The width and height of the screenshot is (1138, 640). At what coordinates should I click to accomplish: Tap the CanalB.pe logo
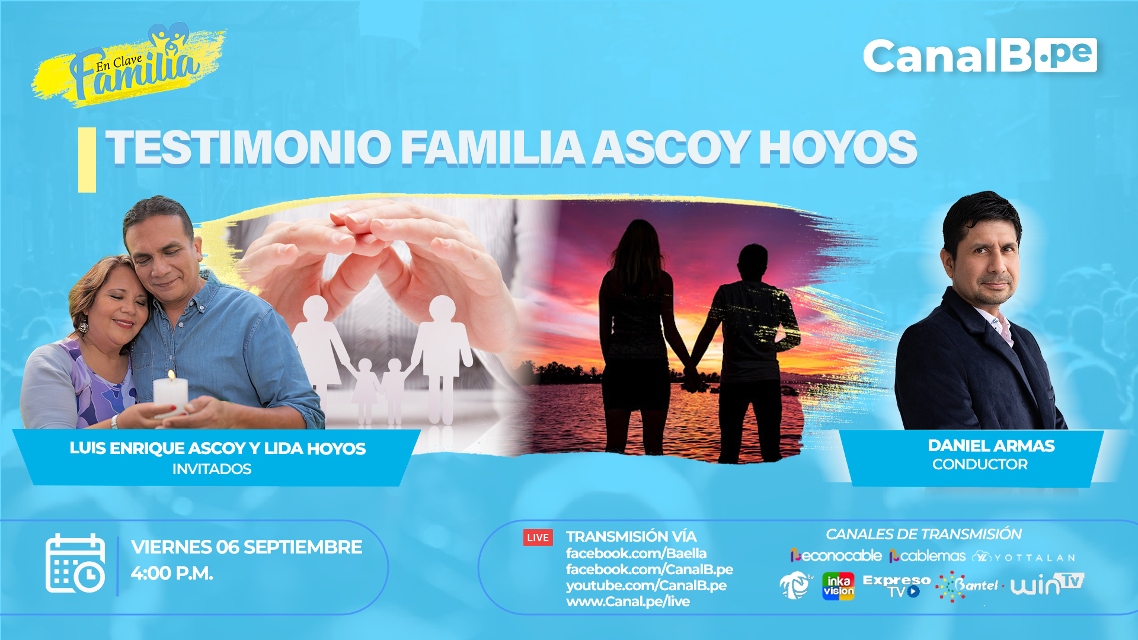point(980,56)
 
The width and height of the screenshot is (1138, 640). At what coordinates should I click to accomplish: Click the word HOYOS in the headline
point(837,148)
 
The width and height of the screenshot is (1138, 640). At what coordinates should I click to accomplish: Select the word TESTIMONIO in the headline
point(248,148)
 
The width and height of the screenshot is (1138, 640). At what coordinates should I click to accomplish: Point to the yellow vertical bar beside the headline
point(87,160)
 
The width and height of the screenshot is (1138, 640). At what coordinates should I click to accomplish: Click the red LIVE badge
point(538,537)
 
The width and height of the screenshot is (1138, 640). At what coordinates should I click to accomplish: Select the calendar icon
point(75,563)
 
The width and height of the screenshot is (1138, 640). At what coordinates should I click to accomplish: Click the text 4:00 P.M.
point(172,573)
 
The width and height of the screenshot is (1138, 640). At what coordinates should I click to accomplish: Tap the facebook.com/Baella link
point(636,553)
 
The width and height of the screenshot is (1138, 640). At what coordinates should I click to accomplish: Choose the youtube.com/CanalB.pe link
point(646,585)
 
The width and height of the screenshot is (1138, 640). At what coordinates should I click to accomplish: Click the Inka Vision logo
point(838,586)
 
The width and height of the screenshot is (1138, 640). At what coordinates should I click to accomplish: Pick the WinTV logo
point(1047,584)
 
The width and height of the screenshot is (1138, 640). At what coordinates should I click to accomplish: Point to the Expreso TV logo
point(896,585)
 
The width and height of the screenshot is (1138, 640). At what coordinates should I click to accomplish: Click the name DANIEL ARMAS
point(991,446)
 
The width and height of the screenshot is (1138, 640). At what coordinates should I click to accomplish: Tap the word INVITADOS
point(212,469)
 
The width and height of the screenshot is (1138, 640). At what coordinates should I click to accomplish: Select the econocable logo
point(836,556)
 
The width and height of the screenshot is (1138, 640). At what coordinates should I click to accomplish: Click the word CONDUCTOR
point(980,464)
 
